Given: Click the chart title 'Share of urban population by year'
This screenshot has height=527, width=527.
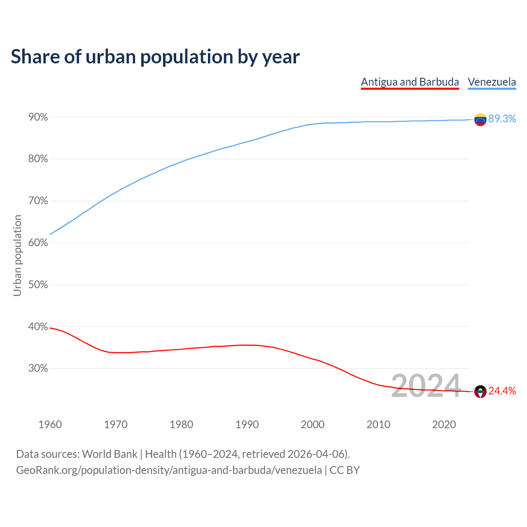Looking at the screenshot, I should click(x=155, y=57).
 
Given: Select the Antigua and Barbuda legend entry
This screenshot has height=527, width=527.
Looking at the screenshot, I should click(x=410, y=82).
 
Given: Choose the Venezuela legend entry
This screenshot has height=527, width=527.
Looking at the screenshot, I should click(x=492, y=82).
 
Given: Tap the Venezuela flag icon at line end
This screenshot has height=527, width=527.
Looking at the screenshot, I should click(x=480, y=119).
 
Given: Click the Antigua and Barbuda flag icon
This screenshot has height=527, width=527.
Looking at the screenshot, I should click(x=480, y=392).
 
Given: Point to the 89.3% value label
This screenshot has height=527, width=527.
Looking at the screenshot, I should click(x=502, y=119).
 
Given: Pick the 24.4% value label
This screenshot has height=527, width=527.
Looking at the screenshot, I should click(x=502, y=391).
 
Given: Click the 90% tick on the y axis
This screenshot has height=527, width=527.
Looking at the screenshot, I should click(x=38, y=117).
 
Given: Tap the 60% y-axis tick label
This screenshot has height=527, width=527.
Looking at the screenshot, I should click(x=38, y=243).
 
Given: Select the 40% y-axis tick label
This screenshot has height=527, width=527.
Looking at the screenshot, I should click(x=38, y=327).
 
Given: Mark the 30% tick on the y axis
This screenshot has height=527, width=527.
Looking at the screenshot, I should click(x=38, y=368).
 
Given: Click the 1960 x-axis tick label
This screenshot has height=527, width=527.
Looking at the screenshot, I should click(x=50, y=424).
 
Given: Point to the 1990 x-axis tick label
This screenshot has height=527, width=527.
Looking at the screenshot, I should click(x=247, y=424).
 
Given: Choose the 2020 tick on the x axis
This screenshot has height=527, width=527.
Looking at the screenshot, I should click(x=444, y=424).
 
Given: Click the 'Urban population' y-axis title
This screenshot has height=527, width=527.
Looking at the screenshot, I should click(x=17, y=255).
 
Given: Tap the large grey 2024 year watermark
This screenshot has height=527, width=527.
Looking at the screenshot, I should click(x=426, y=386).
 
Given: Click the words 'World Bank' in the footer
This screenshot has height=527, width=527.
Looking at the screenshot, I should click(x=110, y=454).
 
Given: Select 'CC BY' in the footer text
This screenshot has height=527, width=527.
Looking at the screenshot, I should click(x=345, y=470).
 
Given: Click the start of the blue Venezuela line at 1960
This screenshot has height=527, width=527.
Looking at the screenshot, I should click(x=50, y=234).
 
